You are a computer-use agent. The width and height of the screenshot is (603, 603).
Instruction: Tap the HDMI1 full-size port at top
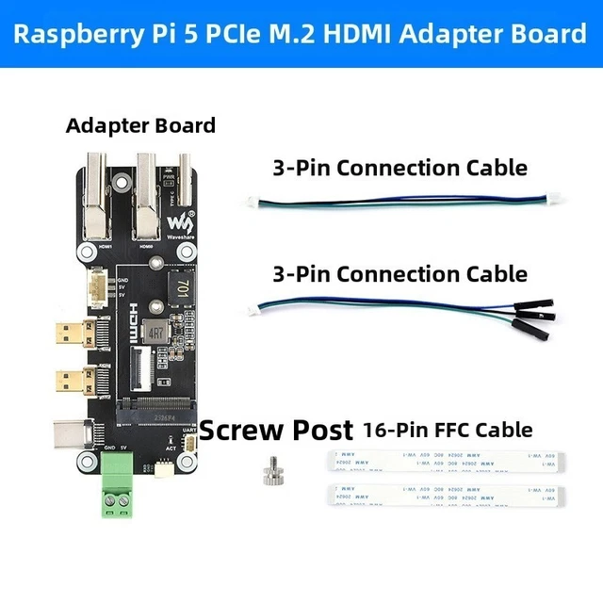[x=95, y=198]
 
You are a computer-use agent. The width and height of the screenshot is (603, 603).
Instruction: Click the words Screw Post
[x=275, y=431]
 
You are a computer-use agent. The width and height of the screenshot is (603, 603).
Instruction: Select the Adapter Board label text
[x=140, y=125]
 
